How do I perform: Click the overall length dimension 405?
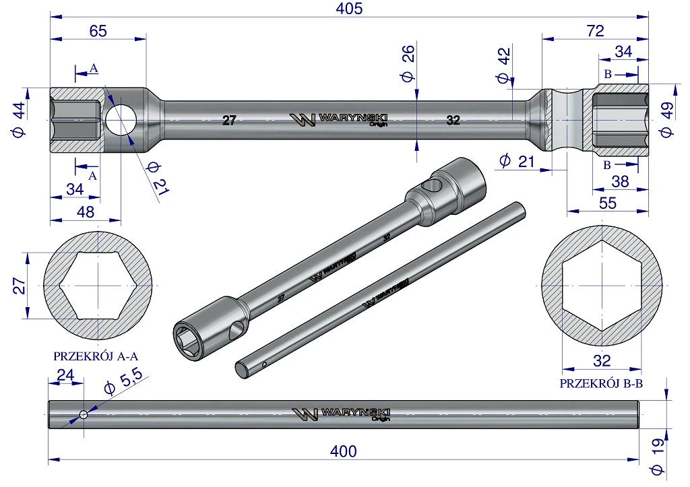[x=350, y=8]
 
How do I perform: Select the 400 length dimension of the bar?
[x=343, y=451]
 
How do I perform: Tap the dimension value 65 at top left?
[x=98, y=31]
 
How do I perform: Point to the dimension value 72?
[x=596, y=31]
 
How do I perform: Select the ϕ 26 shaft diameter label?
[x=408, y=63]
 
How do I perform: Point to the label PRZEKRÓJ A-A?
[x=92, y=356]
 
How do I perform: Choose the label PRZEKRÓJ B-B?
[x=601, y=384]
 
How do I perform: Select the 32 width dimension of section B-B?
[x=602, y=361]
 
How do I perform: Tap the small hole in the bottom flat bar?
[x=83, y=414]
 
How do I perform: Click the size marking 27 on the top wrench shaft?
[x=229, y=120]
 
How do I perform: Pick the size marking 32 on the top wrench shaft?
[x=453, y=120]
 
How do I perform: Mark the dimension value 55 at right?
[x=608, y=203]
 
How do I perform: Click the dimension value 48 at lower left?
[x=86, y=212]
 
